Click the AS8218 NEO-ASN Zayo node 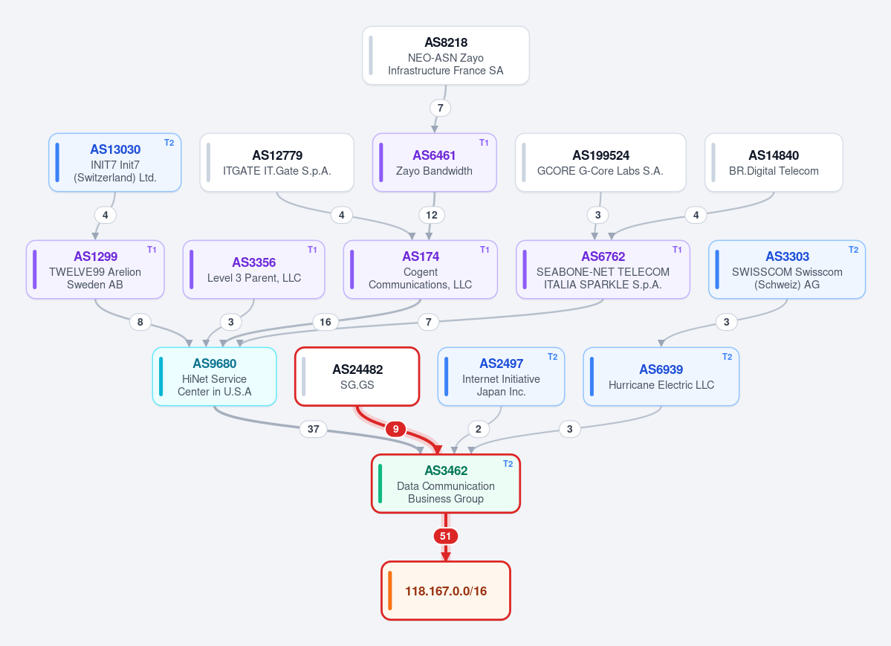click(446, 56)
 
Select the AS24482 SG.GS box click(357, 376)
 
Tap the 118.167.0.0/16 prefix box click(446, 591)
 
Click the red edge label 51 click(446, 536)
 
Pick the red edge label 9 click(395, 429)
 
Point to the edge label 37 click(313, 429)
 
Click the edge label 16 click(325, 322)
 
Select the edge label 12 click(432, 215)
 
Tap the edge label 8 click(140, 322)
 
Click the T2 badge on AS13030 click(169, 143)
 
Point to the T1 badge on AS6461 click(484, 143)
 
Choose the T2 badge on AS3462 click(508, 464)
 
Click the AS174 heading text click(421, 256)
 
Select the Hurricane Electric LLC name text click(661, 385)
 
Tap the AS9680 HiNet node click(215, 376)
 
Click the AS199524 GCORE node click(600, 163)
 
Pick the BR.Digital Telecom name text click(774, 171)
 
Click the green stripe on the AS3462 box click(380, 484)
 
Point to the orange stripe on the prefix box click(390, 591)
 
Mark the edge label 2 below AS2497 click(479, 429)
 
